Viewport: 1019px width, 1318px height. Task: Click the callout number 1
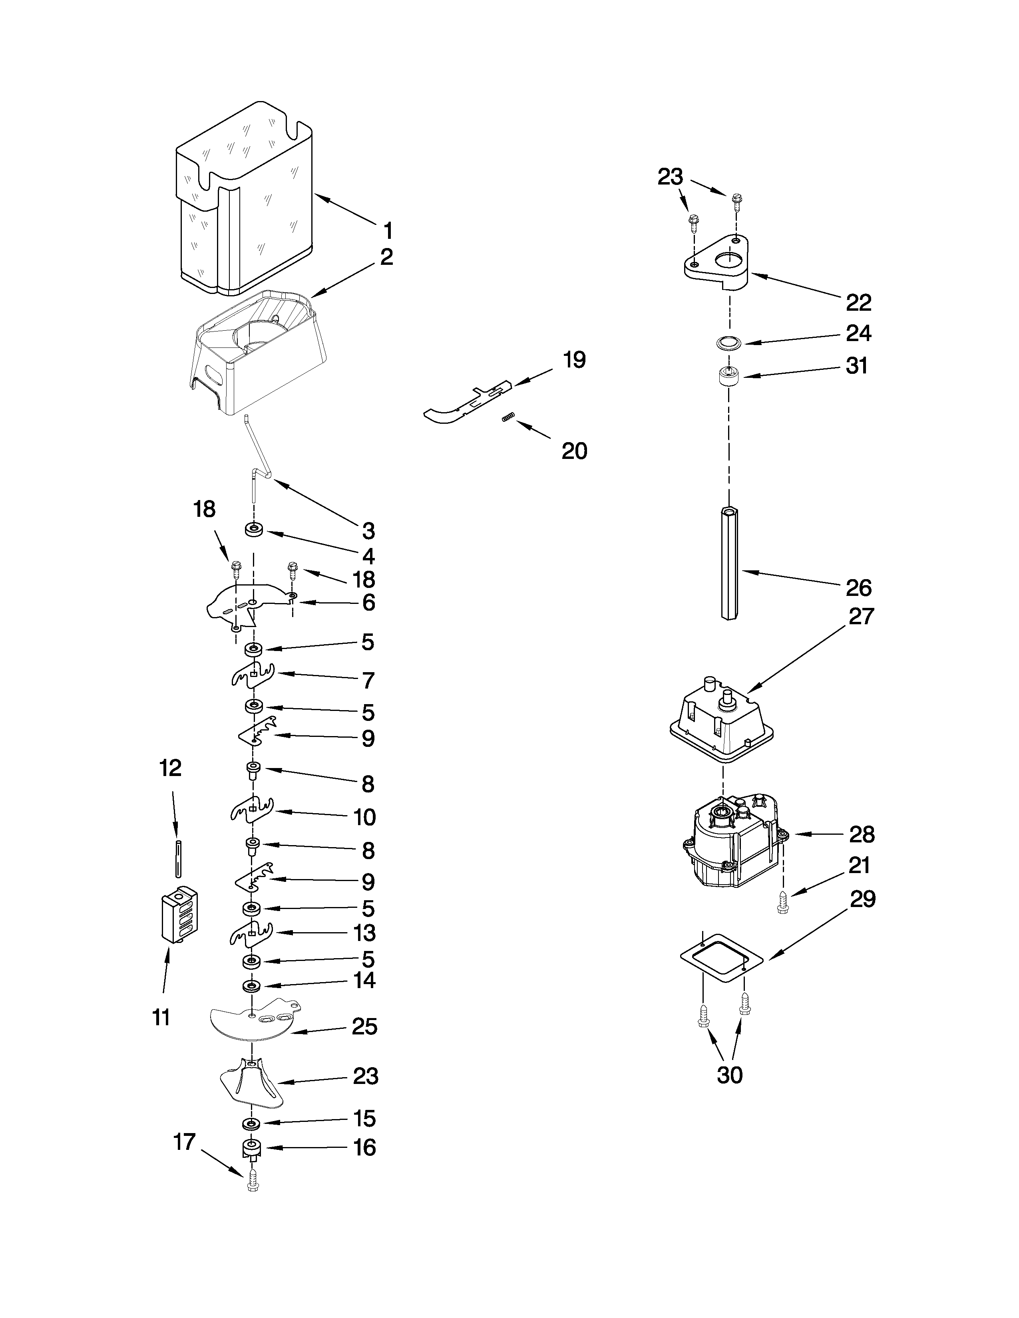pyautogui.click(x=388, y=230)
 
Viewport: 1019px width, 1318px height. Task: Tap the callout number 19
pyautogui.click(x=574, y=360)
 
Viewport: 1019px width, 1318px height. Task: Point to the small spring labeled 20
pyautogui.click(x=508, y=417)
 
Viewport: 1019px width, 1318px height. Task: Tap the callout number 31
pyautogui.click(x=857, y=366)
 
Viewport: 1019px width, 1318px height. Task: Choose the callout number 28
pyautogui.click(x=862, y=835)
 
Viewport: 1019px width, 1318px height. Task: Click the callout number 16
pyautogui.click(x=364, y=1147)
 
